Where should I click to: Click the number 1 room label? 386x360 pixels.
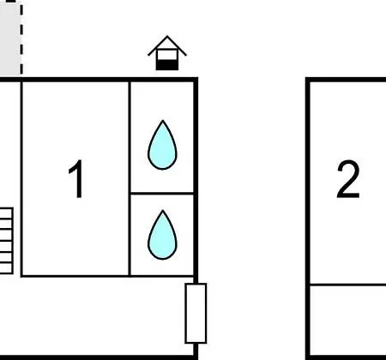coord(76,179)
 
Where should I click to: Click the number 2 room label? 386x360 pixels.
coord(348,179)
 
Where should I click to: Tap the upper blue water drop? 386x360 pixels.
coord(162,145)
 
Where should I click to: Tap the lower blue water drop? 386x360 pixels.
coord(162,235)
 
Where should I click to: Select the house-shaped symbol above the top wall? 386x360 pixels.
coord(167,53)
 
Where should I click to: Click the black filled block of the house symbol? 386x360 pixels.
coord(167,65)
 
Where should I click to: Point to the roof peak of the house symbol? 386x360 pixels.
coord(167,36)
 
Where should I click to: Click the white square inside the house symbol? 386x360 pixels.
coord(167,55)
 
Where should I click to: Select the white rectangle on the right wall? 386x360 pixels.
coord(196,313)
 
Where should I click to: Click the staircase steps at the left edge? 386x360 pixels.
coord(6,241)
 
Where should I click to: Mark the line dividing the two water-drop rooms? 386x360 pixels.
coord(162,194)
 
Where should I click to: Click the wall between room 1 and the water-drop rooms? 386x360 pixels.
coord(130,179)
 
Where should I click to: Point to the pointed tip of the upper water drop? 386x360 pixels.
coord(163,121)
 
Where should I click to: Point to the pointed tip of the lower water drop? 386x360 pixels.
coord(163,211)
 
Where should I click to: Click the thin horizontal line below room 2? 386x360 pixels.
coord(348,285)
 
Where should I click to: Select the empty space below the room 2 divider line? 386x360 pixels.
coord(348,321)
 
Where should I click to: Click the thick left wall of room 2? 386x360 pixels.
coord(308,219)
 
